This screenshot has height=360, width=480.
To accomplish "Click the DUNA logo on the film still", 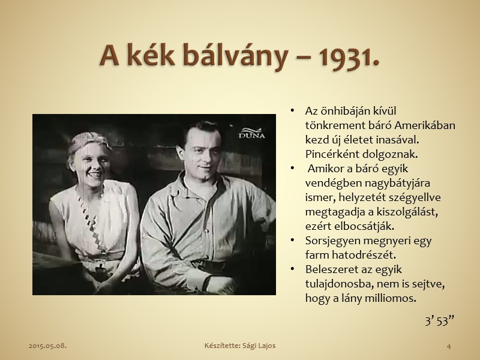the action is click(251, 133).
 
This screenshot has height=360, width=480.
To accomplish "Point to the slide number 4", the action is click(449, 346).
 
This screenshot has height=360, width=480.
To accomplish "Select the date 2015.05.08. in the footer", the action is click(48, 346).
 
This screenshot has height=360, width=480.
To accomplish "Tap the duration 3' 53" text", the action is click(440, 321).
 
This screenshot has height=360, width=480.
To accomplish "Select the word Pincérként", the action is click(332, 154).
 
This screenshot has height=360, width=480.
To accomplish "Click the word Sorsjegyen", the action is click(333, 241).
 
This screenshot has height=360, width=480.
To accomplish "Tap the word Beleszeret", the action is click(331, 269).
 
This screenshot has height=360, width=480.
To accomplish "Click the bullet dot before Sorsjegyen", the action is click(292, 241).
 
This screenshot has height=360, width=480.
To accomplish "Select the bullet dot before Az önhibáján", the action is click(292, 111).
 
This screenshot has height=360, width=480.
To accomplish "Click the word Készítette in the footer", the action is click(222, 346).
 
